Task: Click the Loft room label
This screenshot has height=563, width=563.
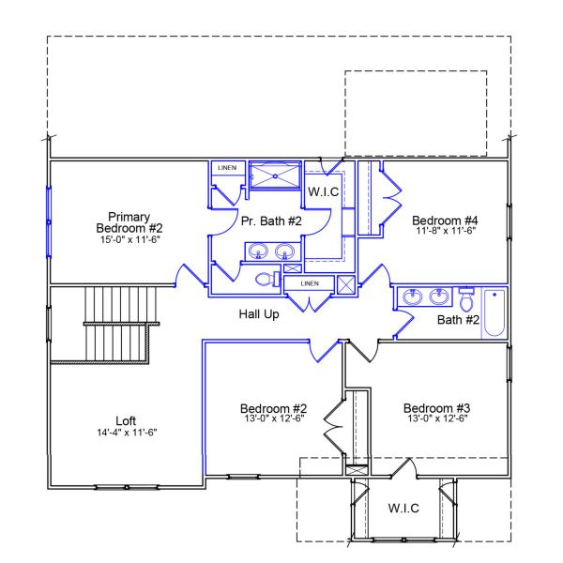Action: tap(126, 421)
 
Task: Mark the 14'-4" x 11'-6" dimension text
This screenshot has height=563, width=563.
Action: tap(126, 433)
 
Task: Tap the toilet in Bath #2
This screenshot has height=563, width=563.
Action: tap(466, 299)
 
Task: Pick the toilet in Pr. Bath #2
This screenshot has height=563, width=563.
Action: tap(266, 279)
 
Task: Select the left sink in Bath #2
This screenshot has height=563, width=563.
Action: tap(412, 298)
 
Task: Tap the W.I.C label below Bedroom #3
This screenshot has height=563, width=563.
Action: tap(403, 508)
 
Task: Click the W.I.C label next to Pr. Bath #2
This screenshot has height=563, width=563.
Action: tap(324, 190)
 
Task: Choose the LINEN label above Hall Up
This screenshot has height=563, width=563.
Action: tap(309, 282)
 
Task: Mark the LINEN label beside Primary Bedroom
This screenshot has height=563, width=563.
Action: tap(227, 168)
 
